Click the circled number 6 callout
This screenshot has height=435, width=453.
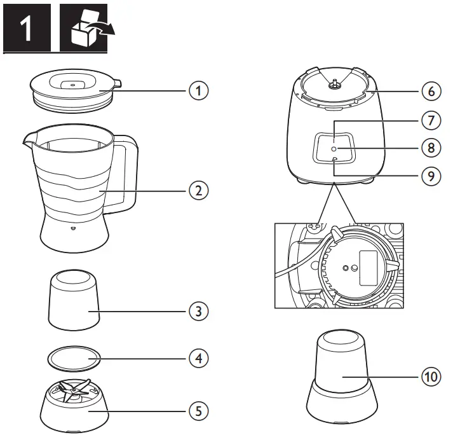pos(431,91)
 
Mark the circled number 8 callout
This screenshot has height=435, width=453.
pos(431,148)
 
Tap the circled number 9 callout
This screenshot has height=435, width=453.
pos(431,176)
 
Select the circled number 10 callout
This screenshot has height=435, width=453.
pos(431,377)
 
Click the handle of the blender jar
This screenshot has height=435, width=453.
pos(127,175)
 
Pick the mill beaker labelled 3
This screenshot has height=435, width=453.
pos(74,299)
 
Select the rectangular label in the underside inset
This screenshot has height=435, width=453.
pos(368,266)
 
